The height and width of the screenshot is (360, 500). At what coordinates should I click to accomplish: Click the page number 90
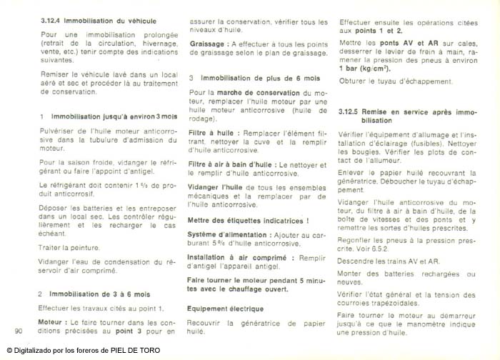[19, 330]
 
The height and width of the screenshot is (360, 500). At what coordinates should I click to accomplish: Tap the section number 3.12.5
[349, 112]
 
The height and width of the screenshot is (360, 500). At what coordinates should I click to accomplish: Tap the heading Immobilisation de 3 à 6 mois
[100, 294]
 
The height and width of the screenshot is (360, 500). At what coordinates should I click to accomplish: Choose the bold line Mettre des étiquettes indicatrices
[249, 221]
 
